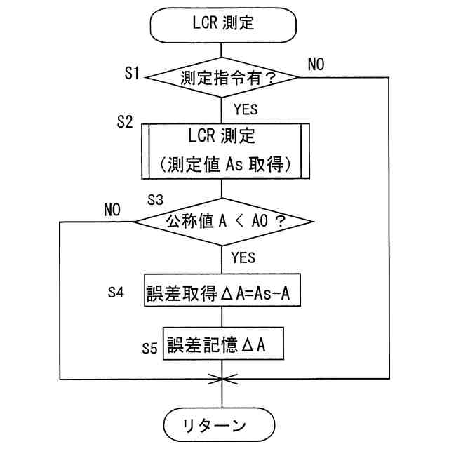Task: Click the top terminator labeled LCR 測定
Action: coord(223,25)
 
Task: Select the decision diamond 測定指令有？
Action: coord(222,77)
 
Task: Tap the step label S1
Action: coord(132,73)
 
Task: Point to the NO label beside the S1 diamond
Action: coord(316,64)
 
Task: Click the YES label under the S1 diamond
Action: coord(246,109)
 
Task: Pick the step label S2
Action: coord(125,121)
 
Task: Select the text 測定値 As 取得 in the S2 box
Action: coord(225,164)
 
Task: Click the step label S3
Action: coord(155,199)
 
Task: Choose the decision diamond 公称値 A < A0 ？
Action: coord(224,222)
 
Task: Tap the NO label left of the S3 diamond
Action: coord(112,210)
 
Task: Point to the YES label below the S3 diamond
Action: coord(243,257)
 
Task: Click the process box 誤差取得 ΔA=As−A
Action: coord(222,290)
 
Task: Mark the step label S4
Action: coord(116,293)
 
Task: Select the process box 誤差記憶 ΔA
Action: coord(223,343)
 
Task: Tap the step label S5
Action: coord(149,348)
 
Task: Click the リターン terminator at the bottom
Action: coord(220,424)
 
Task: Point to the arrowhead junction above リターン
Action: coord(222,379)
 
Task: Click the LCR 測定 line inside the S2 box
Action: coord(222,135)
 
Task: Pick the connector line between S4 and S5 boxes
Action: coord(222,316)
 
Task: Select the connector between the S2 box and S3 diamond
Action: coord(222,189)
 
